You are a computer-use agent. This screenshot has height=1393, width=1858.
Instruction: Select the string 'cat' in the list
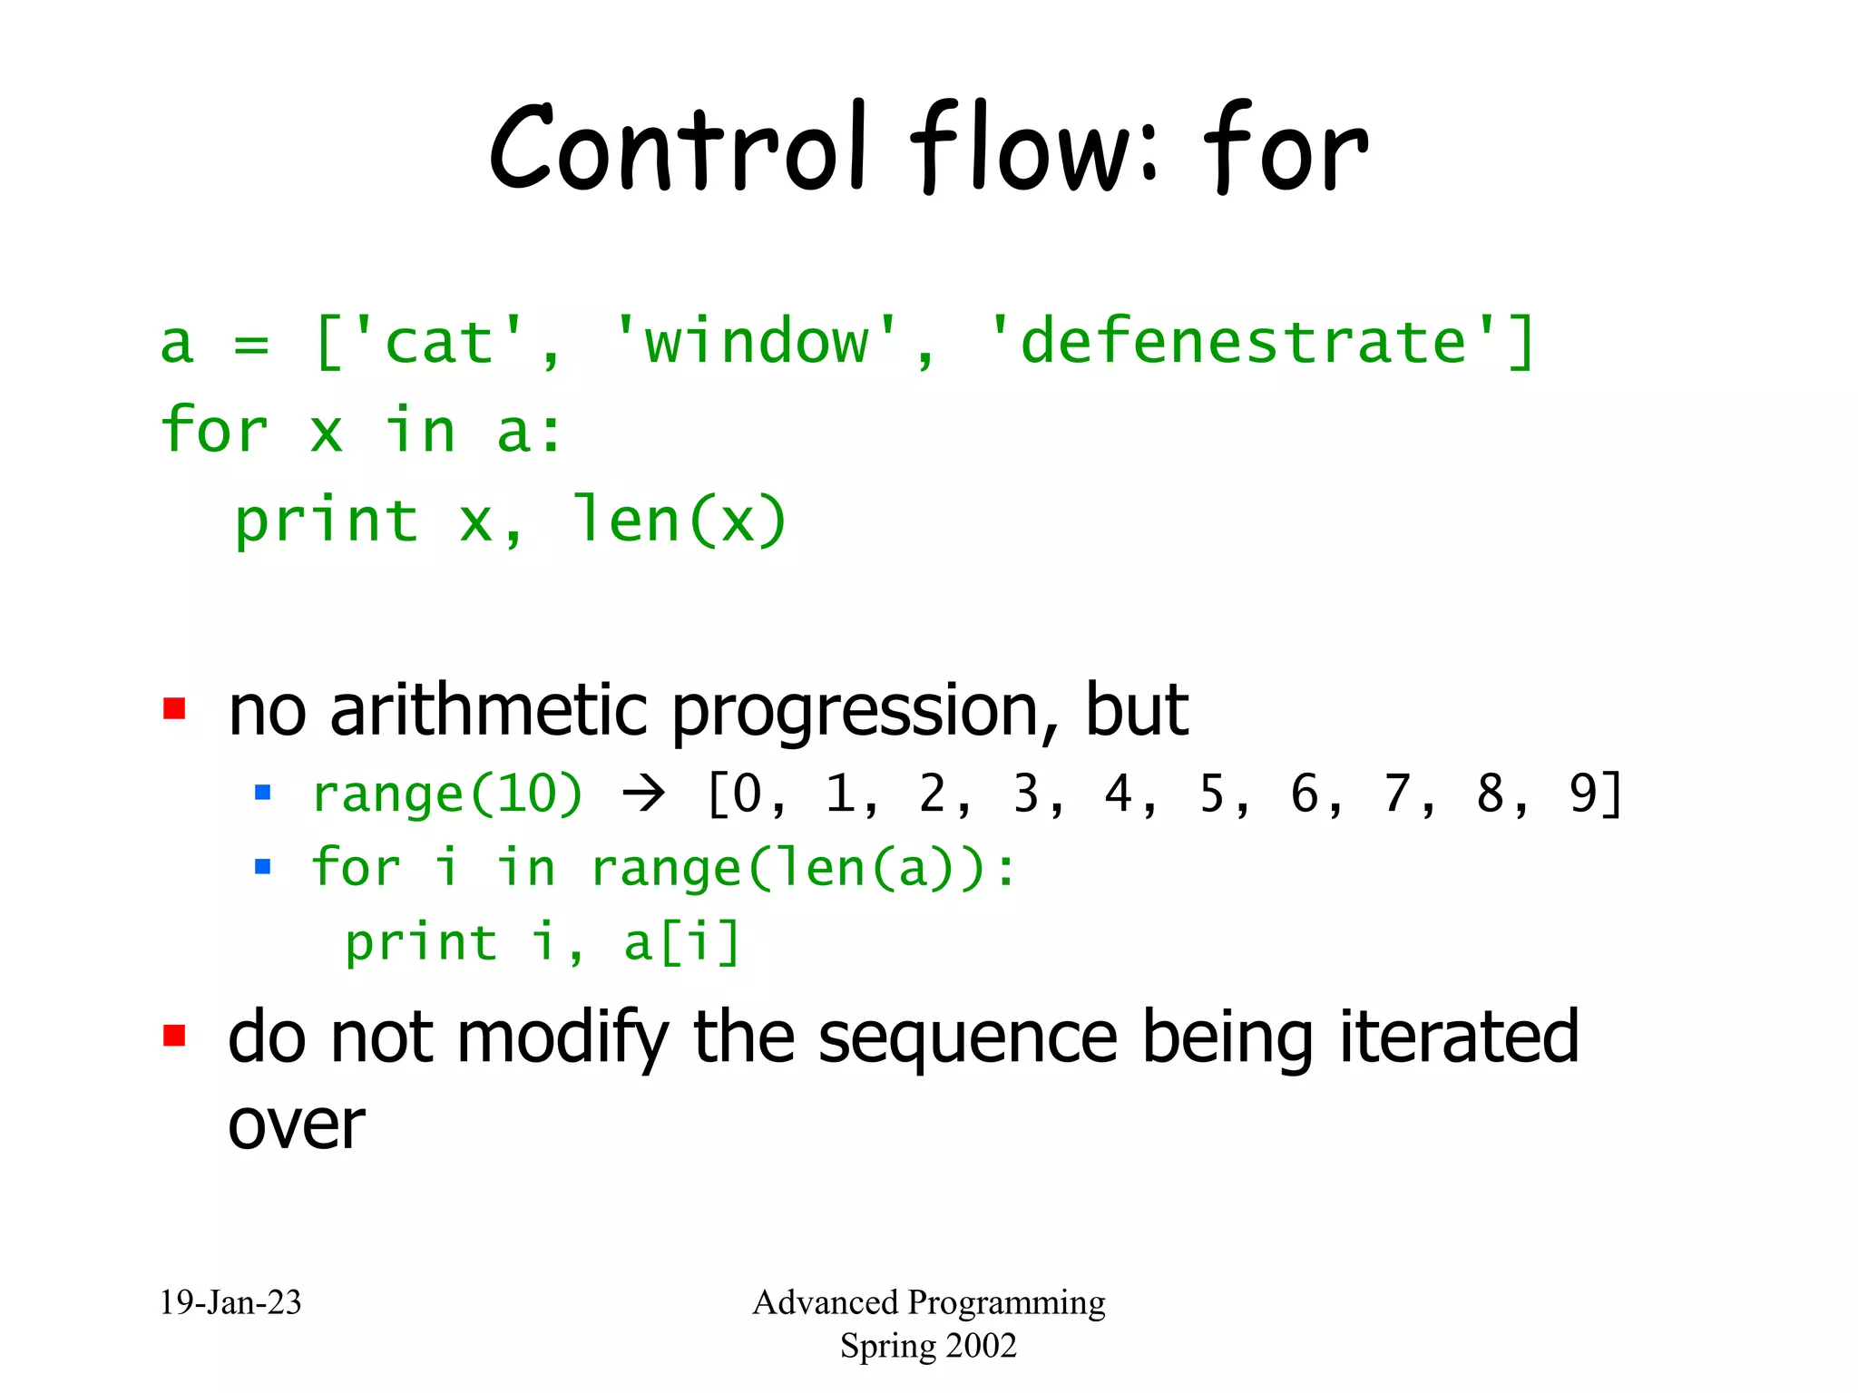[439, 343]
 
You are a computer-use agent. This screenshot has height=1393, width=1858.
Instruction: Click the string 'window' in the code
[756, 343]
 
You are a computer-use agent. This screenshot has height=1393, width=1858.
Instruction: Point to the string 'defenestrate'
[1243, 343]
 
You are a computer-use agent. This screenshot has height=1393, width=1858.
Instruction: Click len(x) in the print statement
[679, 521]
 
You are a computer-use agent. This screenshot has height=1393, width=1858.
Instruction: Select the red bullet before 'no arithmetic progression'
[174, 708]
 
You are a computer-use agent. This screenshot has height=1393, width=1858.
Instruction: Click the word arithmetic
[489, 710]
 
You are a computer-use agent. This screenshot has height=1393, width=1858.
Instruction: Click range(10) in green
[447, 794]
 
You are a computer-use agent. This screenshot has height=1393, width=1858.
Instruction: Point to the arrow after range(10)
[644, 794]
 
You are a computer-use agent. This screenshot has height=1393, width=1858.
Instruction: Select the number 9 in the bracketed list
[1582, 794]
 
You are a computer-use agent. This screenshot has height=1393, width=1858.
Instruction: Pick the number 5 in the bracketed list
[1212, 794]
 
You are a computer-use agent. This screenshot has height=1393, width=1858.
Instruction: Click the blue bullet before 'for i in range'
[263, 867]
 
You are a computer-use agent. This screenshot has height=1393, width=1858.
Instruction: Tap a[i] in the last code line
[682, 942]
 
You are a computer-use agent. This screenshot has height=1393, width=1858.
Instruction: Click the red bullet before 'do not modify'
[174, 1036]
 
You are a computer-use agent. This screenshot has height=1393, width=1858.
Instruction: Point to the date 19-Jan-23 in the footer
[230, 1302]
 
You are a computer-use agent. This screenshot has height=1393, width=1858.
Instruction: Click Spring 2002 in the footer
[928, 1346]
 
